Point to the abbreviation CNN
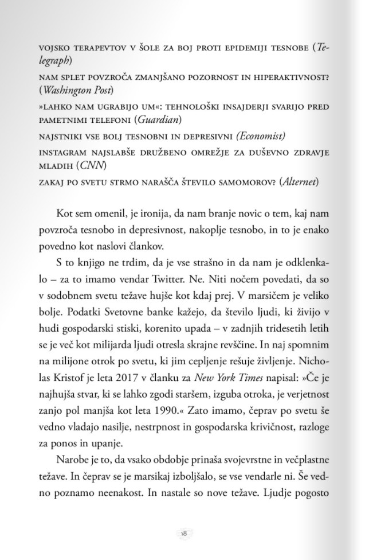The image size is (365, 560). [x=91, y=165]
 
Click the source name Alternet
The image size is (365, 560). [x=298, y=182]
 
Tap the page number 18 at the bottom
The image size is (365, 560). [x=183, y=533]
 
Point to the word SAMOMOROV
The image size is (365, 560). [x=240, y=182]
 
